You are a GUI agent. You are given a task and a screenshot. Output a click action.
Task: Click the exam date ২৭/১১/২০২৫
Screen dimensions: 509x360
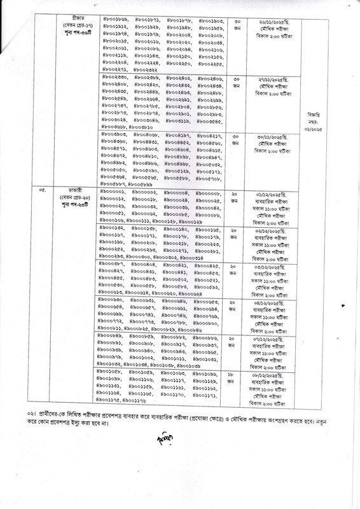coord(266,78)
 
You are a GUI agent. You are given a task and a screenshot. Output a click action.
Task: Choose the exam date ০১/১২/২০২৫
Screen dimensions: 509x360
coord(266,192)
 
